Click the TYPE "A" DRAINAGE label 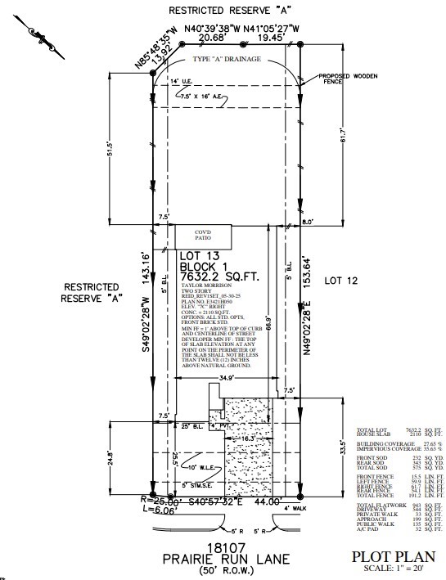(x=228, y=61)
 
